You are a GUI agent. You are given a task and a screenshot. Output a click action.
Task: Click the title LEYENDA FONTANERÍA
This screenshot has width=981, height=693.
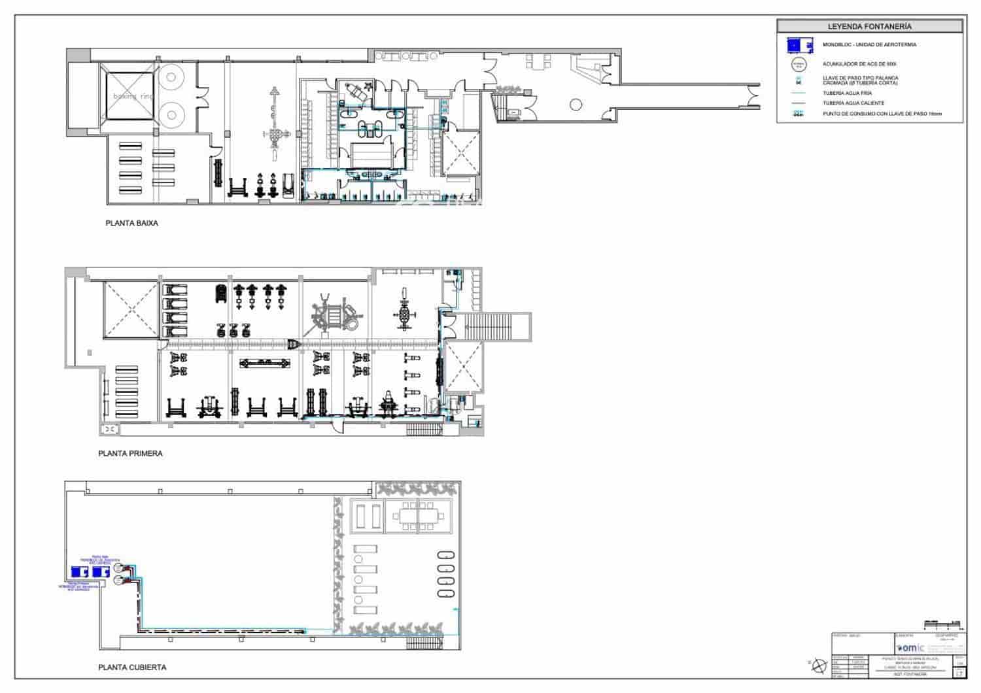[869, 27]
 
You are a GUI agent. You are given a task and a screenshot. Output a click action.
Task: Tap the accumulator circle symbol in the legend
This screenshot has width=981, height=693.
[797, 64]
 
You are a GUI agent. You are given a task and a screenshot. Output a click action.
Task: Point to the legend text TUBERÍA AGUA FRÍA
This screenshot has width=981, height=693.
[847, 93]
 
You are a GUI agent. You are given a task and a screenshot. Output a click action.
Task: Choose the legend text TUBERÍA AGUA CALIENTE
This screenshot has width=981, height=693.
[853, 103]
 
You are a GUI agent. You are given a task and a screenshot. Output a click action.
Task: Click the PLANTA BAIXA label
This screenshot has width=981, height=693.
[131, 223]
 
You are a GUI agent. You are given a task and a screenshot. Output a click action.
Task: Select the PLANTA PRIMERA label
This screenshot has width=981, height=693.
[130, 453]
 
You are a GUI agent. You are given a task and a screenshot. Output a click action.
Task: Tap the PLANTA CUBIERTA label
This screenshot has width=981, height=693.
[132, 668]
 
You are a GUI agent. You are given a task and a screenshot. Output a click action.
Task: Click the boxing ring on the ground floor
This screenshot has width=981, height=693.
[131, 96]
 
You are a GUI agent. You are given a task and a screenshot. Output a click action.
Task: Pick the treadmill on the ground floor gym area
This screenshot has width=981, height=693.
[287, 185]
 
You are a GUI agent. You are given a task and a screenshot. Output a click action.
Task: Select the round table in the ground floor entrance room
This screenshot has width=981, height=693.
[576, 104]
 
